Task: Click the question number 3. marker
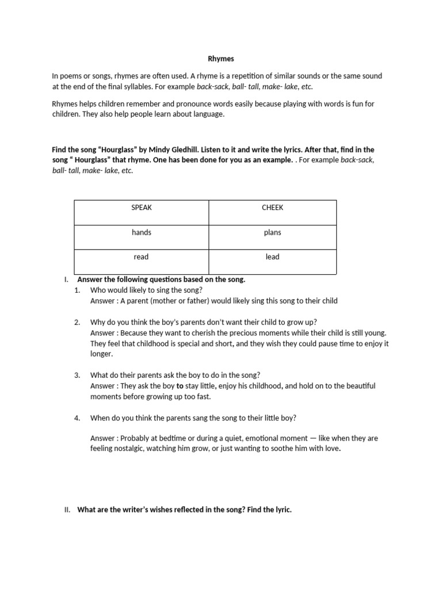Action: point(77,375)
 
